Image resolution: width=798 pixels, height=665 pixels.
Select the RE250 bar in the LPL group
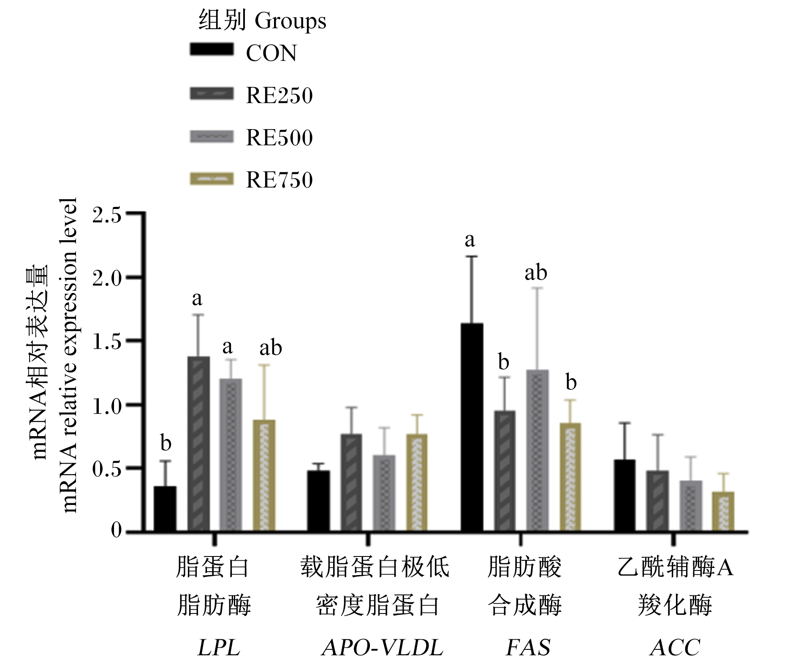(198, 444)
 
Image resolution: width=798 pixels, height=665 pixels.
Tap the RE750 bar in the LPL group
(264, 475)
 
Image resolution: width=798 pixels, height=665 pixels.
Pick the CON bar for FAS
(472, 427)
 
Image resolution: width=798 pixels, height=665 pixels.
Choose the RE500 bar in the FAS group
(537, 450)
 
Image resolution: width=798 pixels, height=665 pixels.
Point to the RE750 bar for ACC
(723, 511)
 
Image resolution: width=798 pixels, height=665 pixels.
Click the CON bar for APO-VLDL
(319, 501)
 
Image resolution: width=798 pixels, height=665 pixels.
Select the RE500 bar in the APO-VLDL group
(384, 493)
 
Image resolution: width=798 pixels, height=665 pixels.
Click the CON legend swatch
(211, 49)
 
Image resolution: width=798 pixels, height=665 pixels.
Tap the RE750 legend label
(279, 179)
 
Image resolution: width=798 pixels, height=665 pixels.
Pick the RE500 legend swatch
(211, 137)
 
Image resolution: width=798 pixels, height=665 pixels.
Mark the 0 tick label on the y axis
(116, 530)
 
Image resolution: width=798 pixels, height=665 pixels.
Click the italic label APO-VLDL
(382, 647)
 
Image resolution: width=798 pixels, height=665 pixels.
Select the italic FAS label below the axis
(528, 647)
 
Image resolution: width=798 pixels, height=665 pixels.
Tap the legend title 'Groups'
(290, 21)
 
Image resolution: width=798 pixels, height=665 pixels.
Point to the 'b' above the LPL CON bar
(166, 442)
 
